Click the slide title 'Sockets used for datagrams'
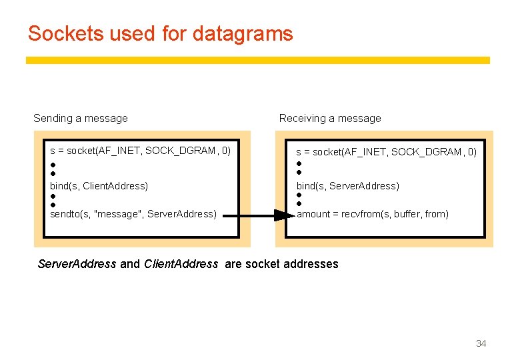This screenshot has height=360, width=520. click(x=160, y=33)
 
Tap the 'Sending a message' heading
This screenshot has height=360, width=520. click(x=81, y=118)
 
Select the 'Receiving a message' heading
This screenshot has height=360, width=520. click(x=330, y=118)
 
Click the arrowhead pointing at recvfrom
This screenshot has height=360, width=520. click(x=283, y=215)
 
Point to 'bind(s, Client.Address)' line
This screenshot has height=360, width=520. click(x=99, y=186)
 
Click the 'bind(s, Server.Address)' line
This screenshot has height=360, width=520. click(x=347, y=186)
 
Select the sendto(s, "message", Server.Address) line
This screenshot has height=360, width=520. click(x=133, y=214)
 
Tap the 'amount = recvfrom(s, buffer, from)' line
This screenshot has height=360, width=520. click(x=372, y=214)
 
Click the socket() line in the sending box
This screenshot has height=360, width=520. click(x=140, y=151)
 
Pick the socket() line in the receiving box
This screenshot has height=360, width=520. click(x=386, y=152)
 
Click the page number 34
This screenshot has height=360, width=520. click(x=481, y=343)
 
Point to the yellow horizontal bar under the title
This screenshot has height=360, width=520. click(x=257, y=60)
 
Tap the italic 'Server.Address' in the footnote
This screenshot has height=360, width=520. click(x=77, y=264)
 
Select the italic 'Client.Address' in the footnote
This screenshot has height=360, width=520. click(x=181, y=264)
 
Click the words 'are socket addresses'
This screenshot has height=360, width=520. click(x=281, y=264)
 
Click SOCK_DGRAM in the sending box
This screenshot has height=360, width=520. click(x=180, y=151)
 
